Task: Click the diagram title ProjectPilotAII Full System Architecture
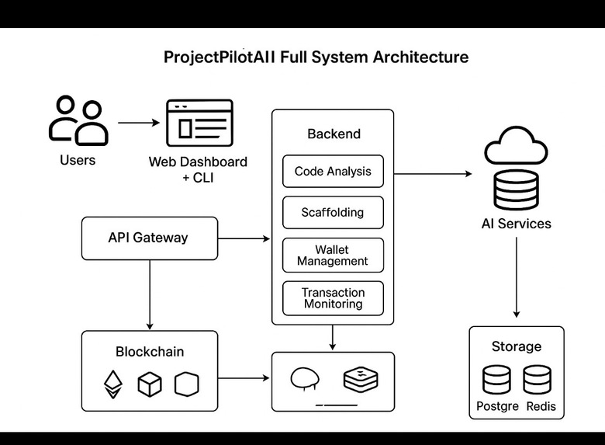pyautogui.click(x=316, y=57)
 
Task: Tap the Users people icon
pyautogui.click(x=78, y=120)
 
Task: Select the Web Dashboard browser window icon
pyautogui.click(x=199, y=125)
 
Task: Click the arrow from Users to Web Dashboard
pyautogui.click(x=139, y=123)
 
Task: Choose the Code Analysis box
pyautogui.click(x=333, y=172)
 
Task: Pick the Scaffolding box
pyautogui.click(x=333, y=212)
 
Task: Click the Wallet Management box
pyautogui.click(x=333, y=256)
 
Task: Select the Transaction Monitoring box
pyautogui.click(x=333, y=298)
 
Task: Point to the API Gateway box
pyautogui.click(x=148, y=238)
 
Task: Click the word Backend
pyautogui.click(x=334, y=134)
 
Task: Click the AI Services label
pyautogui.click(x=517, y=224)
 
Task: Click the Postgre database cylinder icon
pyautogui.click(x=496, y=381)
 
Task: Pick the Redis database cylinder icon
pyautogui.click(x=537, y=381)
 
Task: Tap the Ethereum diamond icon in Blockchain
pyautogui.click(x=114, y=383)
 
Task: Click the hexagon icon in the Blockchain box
pyautogui.click(x=187, y=383)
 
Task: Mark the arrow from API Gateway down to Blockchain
pyautogui.click(x=149, y=295)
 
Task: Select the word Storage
pyautogui.click(x=517, y=346)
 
